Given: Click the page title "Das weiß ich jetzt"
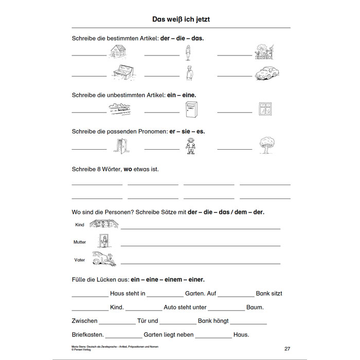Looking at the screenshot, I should click(x=181, y=19).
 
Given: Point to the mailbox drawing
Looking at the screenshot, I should click(x=190, y=109).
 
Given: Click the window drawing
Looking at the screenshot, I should click(x=265, y=109).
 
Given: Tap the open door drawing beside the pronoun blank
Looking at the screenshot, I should click(x=119, y=146).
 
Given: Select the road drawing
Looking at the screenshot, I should click(x=119, y=109).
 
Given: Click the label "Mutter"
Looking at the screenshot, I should click(x=80, y=242).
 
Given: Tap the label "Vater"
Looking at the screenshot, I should click(x=80, y=260).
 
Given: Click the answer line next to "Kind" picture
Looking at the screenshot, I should click(x=201, y=228).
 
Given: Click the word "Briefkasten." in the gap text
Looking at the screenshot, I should click(x=87, y=334).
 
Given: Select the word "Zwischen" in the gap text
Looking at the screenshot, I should click(x=85, y=321).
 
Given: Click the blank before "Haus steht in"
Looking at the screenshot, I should click(x=90, y=296).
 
